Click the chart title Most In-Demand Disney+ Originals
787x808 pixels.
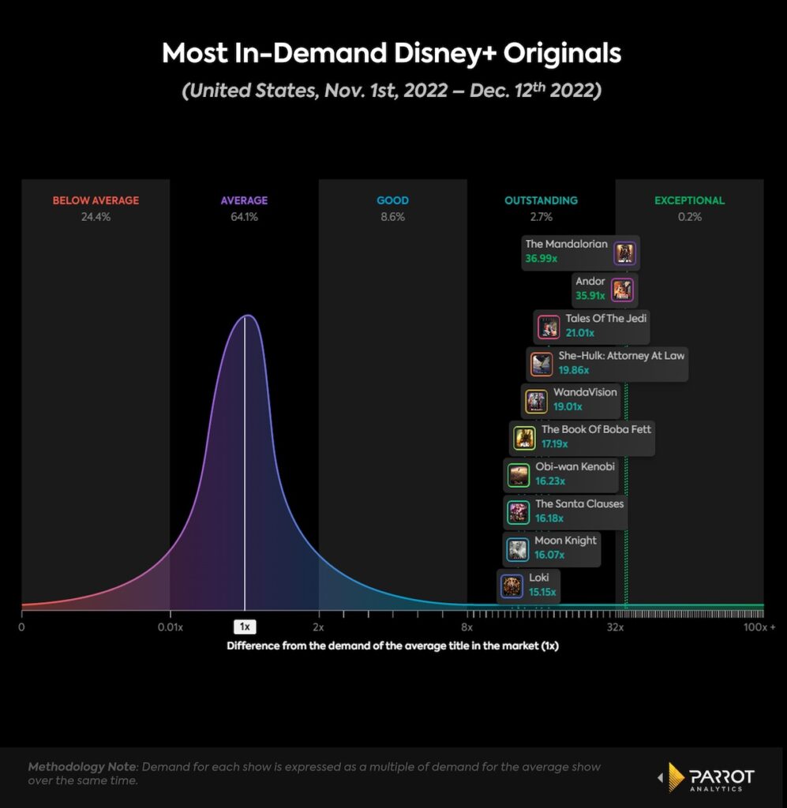(392, 54)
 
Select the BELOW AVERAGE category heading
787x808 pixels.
(96, 200)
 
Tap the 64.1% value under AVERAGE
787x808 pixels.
(244, 217)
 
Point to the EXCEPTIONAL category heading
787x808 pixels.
(689, 200)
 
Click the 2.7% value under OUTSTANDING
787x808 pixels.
(541, 217)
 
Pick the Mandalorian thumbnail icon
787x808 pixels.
(625, 253)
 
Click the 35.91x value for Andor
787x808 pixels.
(590, 296)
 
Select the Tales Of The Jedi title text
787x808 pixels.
(606, 318)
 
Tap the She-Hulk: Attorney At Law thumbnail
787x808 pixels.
(542, 364)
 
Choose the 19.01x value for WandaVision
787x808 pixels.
(568, 407)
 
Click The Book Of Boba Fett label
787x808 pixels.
(596, 429)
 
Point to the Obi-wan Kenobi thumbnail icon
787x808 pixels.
(518, 475)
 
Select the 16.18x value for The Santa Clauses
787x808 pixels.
(551, 518)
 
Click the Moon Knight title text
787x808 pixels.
(565, 541)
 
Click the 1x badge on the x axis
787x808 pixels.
(245, 627)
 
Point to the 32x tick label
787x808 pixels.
(615, 627)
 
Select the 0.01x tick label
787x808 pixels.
(170, 627)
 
